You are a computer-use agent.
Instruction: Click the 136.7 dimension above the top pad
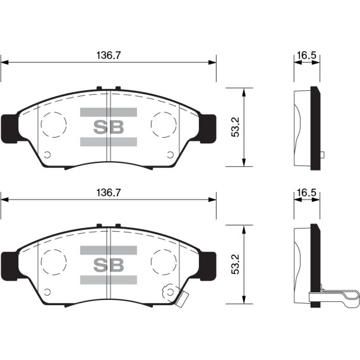[108, 56]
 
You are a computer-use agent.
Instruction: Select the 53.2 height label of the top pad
[236, 128]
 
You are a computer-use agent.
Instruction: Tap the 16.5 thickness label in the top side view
[306, 56]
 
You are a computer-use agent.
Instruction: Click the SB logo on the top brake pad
[109, 126]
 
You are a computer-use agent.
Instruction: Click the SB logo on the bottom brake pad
[109, 263]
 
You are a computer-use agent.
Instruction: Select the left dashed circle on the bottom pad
[53, 259]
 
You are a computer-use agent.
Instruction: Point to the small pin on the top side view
[322, 155]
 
